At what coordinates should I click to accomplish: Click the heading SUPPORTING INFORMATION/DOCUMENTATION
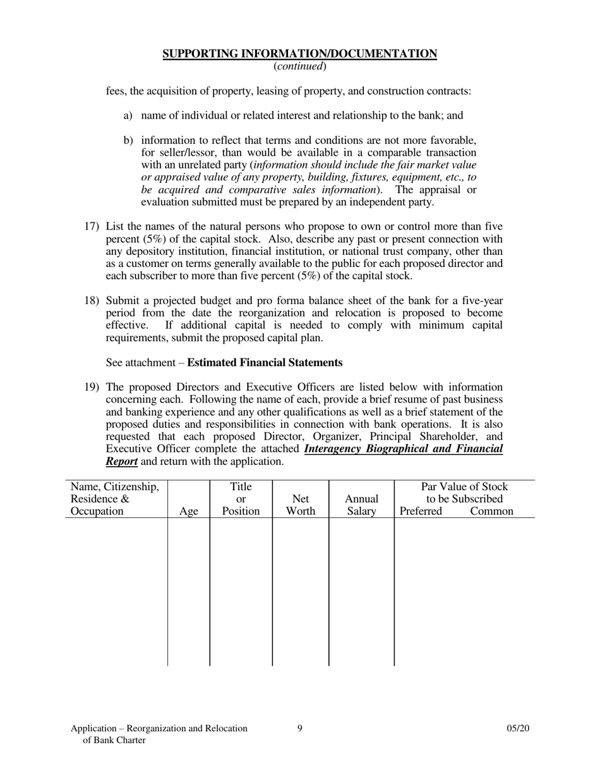pyautogui.click(x=299, y=54)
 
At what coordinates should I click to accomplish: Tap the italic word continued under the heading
pyautogui.click(x=299, y=66)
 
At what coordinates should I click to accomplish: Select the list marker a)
pyautogui.click(x=128, y=116)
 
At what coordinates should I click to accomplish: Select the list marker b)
pyautogui.click(x=128, y=141)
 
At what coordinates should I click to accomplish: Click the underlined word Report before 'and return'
pyautogui.click(x=122, y=462)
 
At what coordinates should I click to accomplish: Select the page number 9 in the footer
pyautogui.click(x=300, y=729)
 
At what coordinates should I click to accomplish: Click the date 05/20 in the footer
pyautogui.click(x=518, y=729)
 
